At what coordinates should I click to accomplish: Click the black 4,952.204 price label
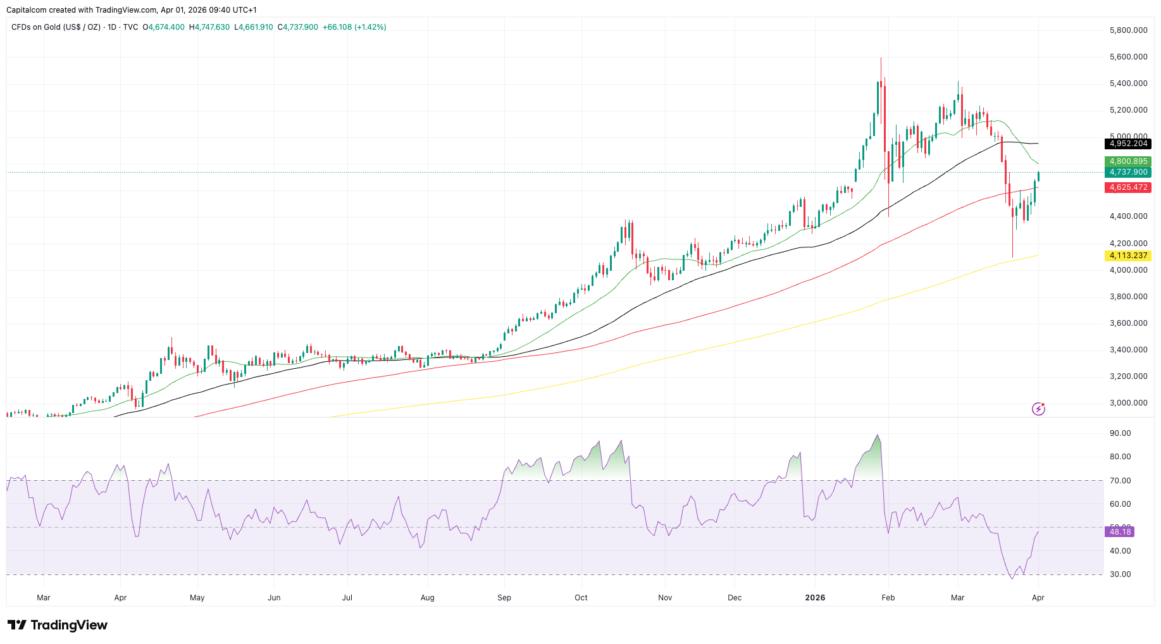pos(1128,144)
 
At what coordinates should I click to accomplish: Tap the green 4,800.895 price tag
pos(1128,161)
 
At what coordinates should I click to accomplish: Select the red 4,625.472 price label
pos(1128,187)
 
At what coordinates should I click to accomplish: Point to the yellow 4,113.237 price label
pos(1128,256)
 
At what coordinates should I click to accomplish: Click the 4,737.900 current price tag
pos(1128,172)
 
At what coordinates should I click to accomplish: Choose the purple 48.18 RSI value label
pos(1120,532)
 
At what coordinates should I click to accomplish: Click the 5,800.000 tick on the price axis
pos(1128,30)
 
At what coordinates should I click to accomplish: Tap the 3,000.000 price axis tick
pos(1128,403)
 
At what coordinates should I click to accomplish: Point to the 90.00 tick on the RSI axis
pos(1120,433)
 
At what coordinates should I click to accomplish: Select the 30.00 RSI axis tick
pos(1120,574)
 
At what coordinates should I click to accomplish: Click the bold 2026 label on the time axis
pos(815,598)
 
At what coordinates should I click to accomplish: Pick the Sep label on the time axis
pos(504,598)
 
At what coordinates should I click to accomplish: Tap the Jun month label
pos(274,598)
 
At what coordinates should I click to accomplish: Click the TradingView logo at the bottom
pos(58,625)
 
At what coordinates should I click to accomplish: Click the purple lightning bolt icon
pos(1038,409)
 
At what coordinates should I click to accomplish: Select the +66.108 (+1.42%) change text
pos(354,27)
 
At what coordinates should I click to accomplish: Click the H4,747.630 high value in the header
pos(209,27)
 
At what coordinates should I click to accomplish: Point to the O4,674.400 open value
pos(164,27)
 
